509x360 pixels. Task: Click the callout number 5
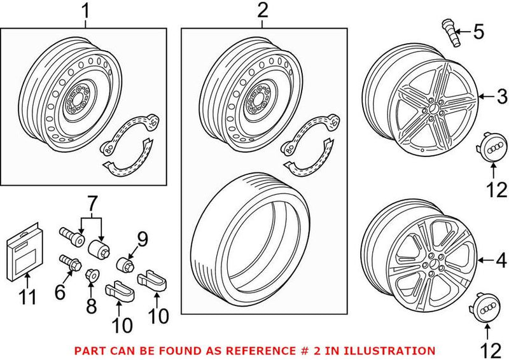pos(478,30)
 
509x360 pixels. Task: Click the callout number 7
pos(93,205)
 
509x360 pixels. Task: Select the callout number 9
pos(142,239)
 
